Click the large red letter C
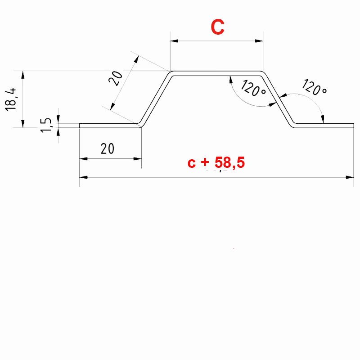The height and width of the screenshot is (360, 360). pos(217,27)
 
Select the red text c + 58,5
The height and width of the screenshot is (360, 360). pos(216,162)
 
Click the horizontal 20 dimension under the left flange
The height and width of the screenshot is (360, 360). pos(108,149)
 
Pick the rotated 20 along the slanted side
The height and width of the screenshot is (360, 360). pos(115,79)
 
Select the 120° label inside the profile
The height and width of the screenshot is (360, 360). pos(253,88)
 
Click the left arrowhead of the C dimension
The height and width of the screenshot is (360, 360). pos(174,41)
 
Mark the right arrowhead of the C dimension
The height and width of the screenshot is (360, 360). pos(259,41)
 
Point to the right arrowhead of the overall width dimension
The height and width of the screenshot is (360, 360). pos(350,177)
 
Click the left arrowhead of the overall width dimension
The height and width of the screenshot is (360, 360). pos(83,177)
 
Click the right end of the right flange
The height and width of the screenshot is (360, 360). pos(354,126)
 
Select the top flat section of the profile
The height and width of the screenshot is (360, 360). pos(216,73)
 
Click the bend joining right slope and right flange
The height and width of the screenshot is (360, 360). pos(292,124)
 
